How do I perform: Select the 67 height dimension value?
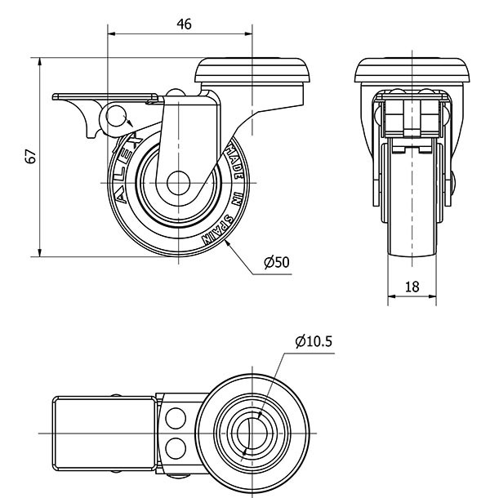pos(30,157)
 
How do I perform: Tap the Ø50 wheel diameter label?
pos(277,262)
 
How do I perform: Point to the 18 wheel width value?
pos(412,287)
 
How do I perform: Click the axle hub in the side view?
pos(176,184)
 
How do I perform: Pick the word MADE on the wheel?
pos(232,158)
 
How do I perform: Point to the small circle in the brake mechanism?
pos(117,113)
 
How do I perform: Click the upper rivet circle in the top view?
pos(173,418)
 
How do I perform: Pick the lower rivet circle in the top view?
pos(173,447)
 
